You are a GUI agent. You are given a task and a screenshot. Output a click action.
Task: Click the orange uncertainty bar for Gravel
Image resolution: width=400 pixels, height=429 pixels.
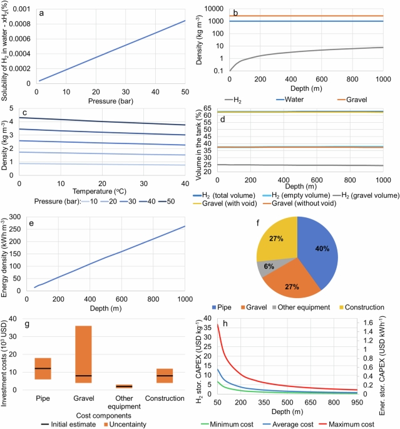pos(98,358)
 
